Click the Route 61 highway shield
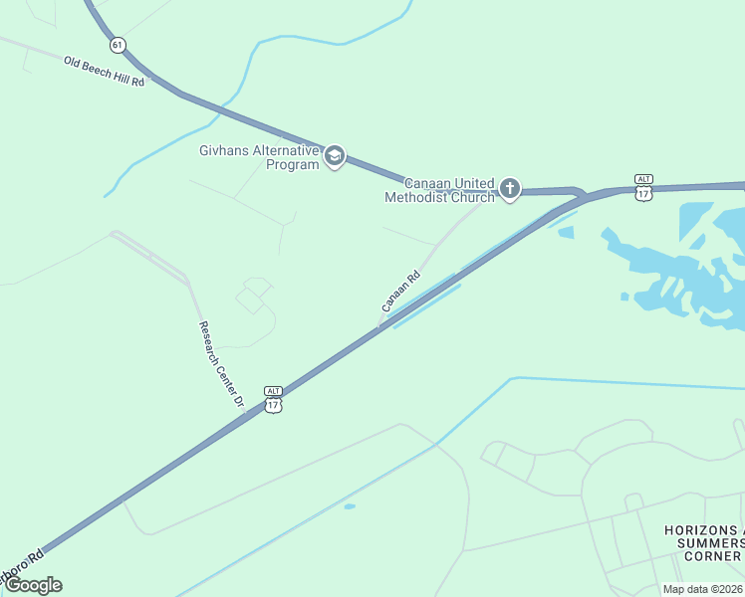[x=119, y=45]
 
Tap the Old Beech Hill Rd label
[x=104, y=71]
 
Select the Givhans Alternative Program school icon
[x=335, y=156]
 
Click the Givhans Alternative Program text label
[x=258, y=157]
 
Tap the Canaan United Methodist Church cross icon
[x=510, y=189]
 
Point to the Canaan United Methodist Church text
[x=439, y=190]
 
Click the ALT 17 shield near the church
[x=643, y=186]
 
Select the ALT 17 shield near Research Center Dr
[x=274, y=399]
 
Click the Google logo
[x=34, y=585]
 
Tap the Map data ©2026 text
[x=702, y=589]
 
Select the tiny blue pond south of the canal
[x=350, y=506]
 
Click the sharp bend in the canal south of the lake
[x=512, y=378]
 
